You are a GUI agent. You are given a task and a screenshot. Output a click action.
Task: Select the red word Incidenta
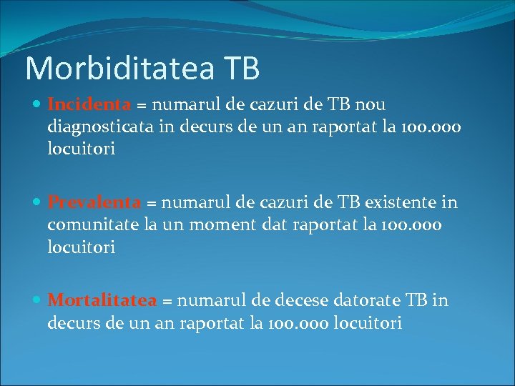click(x=89, y=104)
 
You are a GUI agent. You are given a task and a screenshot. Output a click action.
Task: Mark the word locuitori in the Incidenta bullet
click(x=81, y=150)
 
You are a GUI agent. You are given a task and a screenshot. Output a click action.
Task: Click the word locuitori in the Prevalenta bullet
click(x=81, y=248)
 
